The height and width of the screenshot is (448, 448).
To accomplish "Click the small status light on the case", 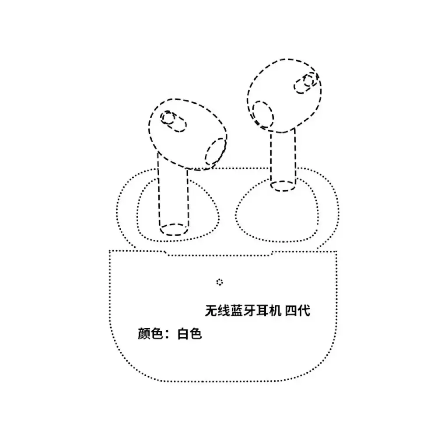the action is coord(220,282).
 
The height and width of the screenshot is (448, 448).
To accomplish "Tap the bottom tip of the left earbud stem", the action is coord(174,235).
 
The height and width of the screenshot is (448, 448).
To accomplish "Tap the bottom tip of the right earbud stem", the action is coord(283,191).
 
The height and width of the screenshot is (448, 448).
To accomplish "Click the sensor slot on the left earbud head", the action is coord(173,122).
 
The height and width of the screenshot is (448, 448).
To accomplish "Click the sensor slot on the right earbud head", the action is coord(306,83).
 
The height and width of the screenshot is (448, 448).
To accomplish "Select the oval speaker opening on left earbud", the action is coord(216,152).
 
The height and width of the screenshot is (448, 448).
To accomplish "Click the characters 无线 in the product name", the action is coord(217,311).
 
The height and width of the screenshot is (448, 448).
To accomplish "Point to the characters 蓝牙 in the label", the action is coord(243,311).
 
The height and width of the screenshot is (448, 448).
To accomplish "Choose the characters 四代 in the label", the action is coord(297,311).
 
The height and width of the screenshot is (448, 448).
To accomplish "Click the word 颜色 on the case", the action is coord(150,333).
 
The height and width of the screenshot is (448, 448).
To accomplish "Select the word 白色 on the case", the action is coord(189,333).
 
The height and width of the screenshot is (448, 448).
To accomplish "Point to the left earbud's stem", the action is coord(173,197).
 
